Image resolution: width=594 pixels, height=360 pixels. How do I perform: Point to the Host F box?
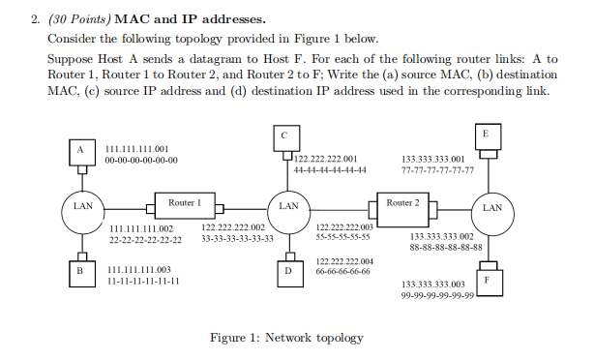click(x=489, y=280)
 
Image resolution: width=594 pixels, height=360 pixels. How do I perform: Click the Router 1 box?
click(x=184, y=204)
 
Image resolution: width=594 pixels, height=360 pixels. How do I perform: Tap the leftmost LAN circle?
click(x=82, y=205)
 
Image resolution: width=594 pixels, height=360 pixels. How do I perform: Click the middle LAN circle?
click(x=287, y=205)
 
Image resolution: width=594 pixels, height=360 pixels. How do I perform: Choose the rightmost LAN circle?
click(x=490, y=206)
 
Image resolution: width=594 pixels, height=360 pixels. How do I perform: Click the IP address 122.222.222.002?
click(x=231, y=227)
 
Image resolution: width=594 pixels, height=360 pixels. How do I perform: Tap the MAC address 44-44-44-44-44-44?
click(x=330, y=170)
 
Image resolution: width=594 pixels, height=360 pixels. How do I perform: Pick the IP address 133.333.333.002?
click(x=442, y=235)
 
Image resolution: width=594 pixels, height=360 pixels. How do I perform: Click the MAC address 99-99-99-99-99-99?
click(x=437, y=296)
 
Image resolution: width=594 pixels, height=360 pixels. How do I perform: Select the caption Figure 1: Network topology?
click(x=286, y=338)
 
